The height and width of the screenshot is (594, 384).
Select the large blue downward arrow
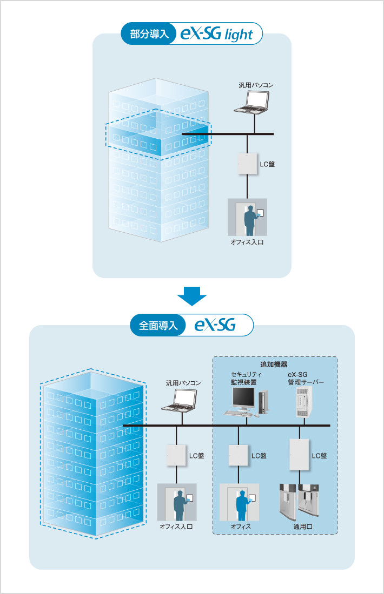click(192, 295)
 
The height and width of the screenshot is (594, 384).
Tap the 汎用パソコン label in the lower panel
click(183, 383)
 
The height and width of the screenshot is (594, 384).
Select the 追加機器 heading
click(275, 364)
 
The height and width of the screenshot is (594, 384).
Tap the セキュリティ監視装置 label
click(246, 378)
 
